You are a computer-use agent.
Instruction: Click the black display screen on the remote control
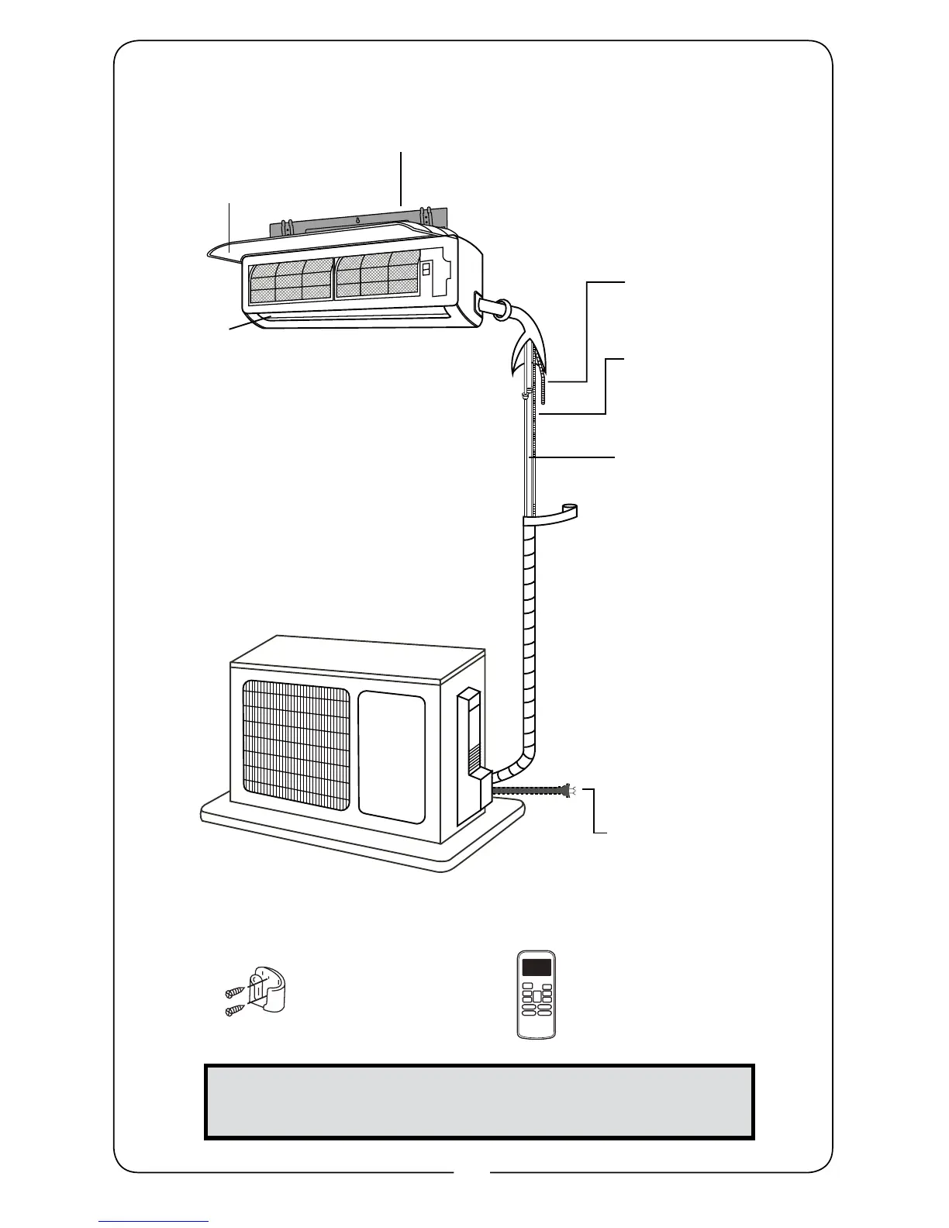click(x=537, y=968)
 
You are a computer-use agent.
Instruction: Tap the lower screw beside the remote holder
click(x=233, y=1011)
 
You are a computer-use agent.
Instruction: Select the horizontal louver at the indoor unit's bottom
click(x=349, y=318)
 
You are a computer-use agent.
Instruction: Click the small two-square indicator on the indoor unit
click(x=426, y=269)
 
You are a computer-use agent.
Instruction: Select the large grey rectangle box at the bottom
click(x=479, y=1101)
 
